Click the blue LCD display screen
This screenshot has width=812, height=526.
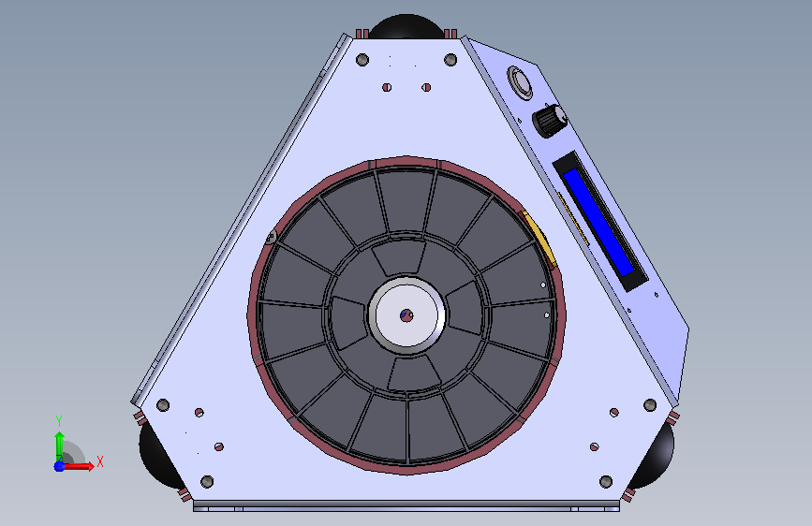point(598,222)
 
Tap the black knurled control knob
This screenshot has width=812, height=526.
point(550,121)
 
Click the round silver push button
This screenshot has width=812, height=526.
point(520,82)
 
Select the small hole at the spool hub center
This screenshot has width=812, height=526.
point(406,315)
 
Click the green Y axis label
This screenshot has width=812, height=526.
point(59,420)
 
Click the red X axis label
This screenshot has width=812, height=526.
point(100,461)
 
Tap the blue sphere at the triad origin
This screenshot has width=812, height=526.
point(59,466)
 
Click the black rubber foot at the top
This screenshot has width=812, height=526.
point(406,26)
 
